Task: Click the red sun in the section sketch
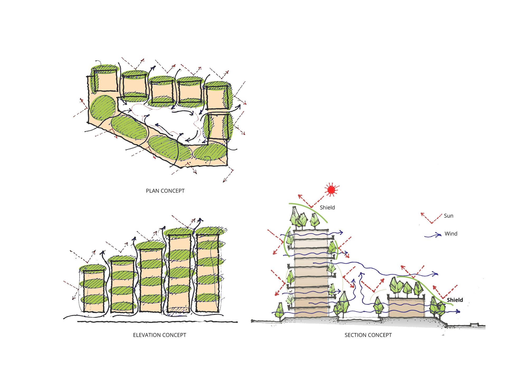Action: pyautogui.click(x=331, y=190)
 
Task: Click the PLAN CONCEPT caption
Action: pyautogui.click(x=165, y=191)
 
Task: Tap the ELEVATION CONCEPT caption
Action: pyautogui.click(x=159, y=335)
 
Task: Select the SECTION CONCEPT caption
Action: pyautogui.click(x=368, y=335)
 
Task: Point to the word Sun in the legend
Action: pyautogui.click(x=449, y=216)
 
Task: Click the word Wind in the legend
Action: pyautogui.click(x=451, y=234)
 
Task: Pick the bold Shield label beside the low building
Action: pyautogui.click(x=455, y=300)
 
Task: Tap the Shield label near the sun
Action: pyautogui.click(x=327, y=208)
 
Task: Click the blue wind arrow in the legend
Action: pyautogui.click(x=433, y=235)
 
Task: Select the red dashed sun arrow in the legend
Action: pyautogui.click(x=431, y=218)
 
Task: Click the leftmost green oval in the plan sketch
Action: pyautogui.click(x=103, y=108)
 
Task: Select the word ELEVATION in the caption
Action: pyautogui.click(x=146, y=335)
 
